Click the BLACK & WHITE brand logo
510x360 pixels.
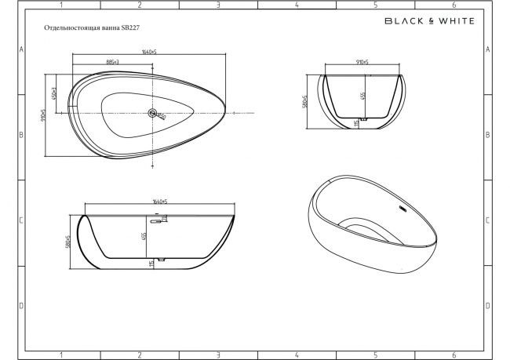click(428, 21)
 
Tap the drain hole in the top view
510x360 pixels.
click(153, 113)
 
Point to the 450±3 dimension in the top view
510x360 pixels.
click(54, 94)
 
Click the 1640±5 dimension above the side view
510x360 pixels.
click(162, 204)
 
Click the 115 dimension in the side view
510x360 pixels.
click(150, 264)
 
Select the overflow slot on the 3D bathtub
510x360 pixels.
click(403, 209)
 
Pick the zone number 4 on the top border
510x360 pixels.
click(297, 5)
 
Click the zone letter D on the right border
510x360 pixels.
click(488, 304)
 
